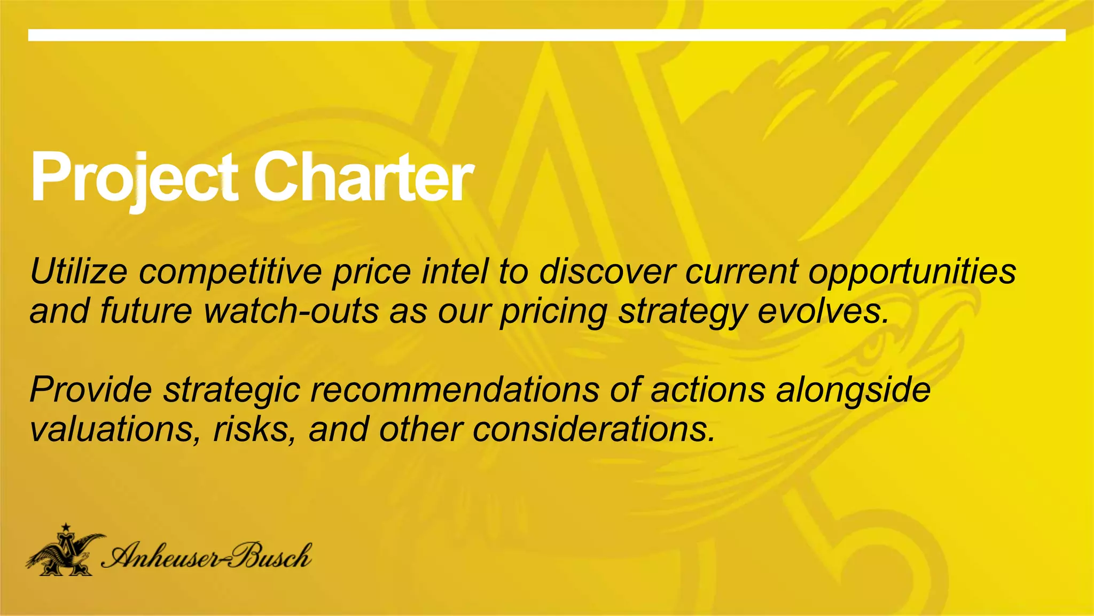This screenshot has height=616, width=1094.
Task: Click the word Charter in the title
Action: click(x=363, y=176)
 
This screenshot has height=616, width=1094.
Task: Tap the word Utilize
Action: click(x=79, y=271)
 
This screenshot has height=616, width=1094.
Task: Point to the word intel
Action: click(x=455, y=271)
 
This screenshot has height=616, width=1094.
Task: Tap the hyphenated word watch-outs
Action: click(x=291, y=311)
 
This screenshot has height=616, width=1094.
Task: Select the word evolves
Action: click(x=823, y=311)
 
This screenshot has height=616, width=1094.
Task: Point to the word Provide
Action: click(x=91, y=389)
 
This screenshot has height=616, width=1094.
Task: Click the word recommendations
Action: click(x=455, y=389)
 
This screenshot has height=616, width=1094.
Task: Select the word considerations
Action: click(x=593, y=429)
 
